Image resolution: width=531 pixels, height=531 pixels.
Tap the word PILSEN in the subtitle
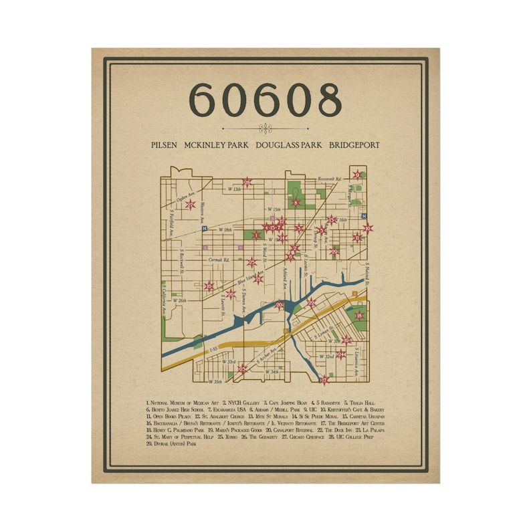[165, 144]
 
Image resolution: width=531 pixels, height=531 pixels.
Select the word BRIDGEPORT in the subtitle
[354, 144]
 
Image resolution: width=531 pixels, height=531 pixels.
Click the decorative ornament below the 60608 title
[265, 129]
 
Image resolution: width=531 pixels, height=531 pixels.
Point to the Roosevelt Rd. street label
[329, 179]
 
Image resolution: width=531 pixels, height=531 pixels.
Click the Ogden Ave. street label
[183, 197]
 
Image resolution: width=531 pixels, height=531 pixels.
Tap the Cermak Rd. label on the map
[217, 259]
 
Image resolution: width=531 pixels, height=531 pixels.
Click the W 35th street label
[215, 382]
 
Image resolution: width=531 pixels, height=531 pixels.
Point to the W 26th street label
[179, 300]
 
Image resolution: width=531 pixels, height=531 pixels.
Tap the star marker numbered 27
[191, 205]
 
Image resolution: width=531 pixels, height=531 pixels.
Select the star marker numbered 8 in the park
[296, 203]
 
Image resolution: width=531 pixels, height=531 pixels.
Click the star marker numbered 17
[325, 381]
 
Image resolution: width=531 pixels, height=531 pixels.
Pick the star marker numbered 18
[360, 316]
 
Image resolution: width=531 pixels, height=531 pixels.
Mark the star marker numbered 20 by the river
[280, 306]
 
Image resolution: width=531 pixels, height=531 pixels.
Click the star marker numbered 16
[209, 287]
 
